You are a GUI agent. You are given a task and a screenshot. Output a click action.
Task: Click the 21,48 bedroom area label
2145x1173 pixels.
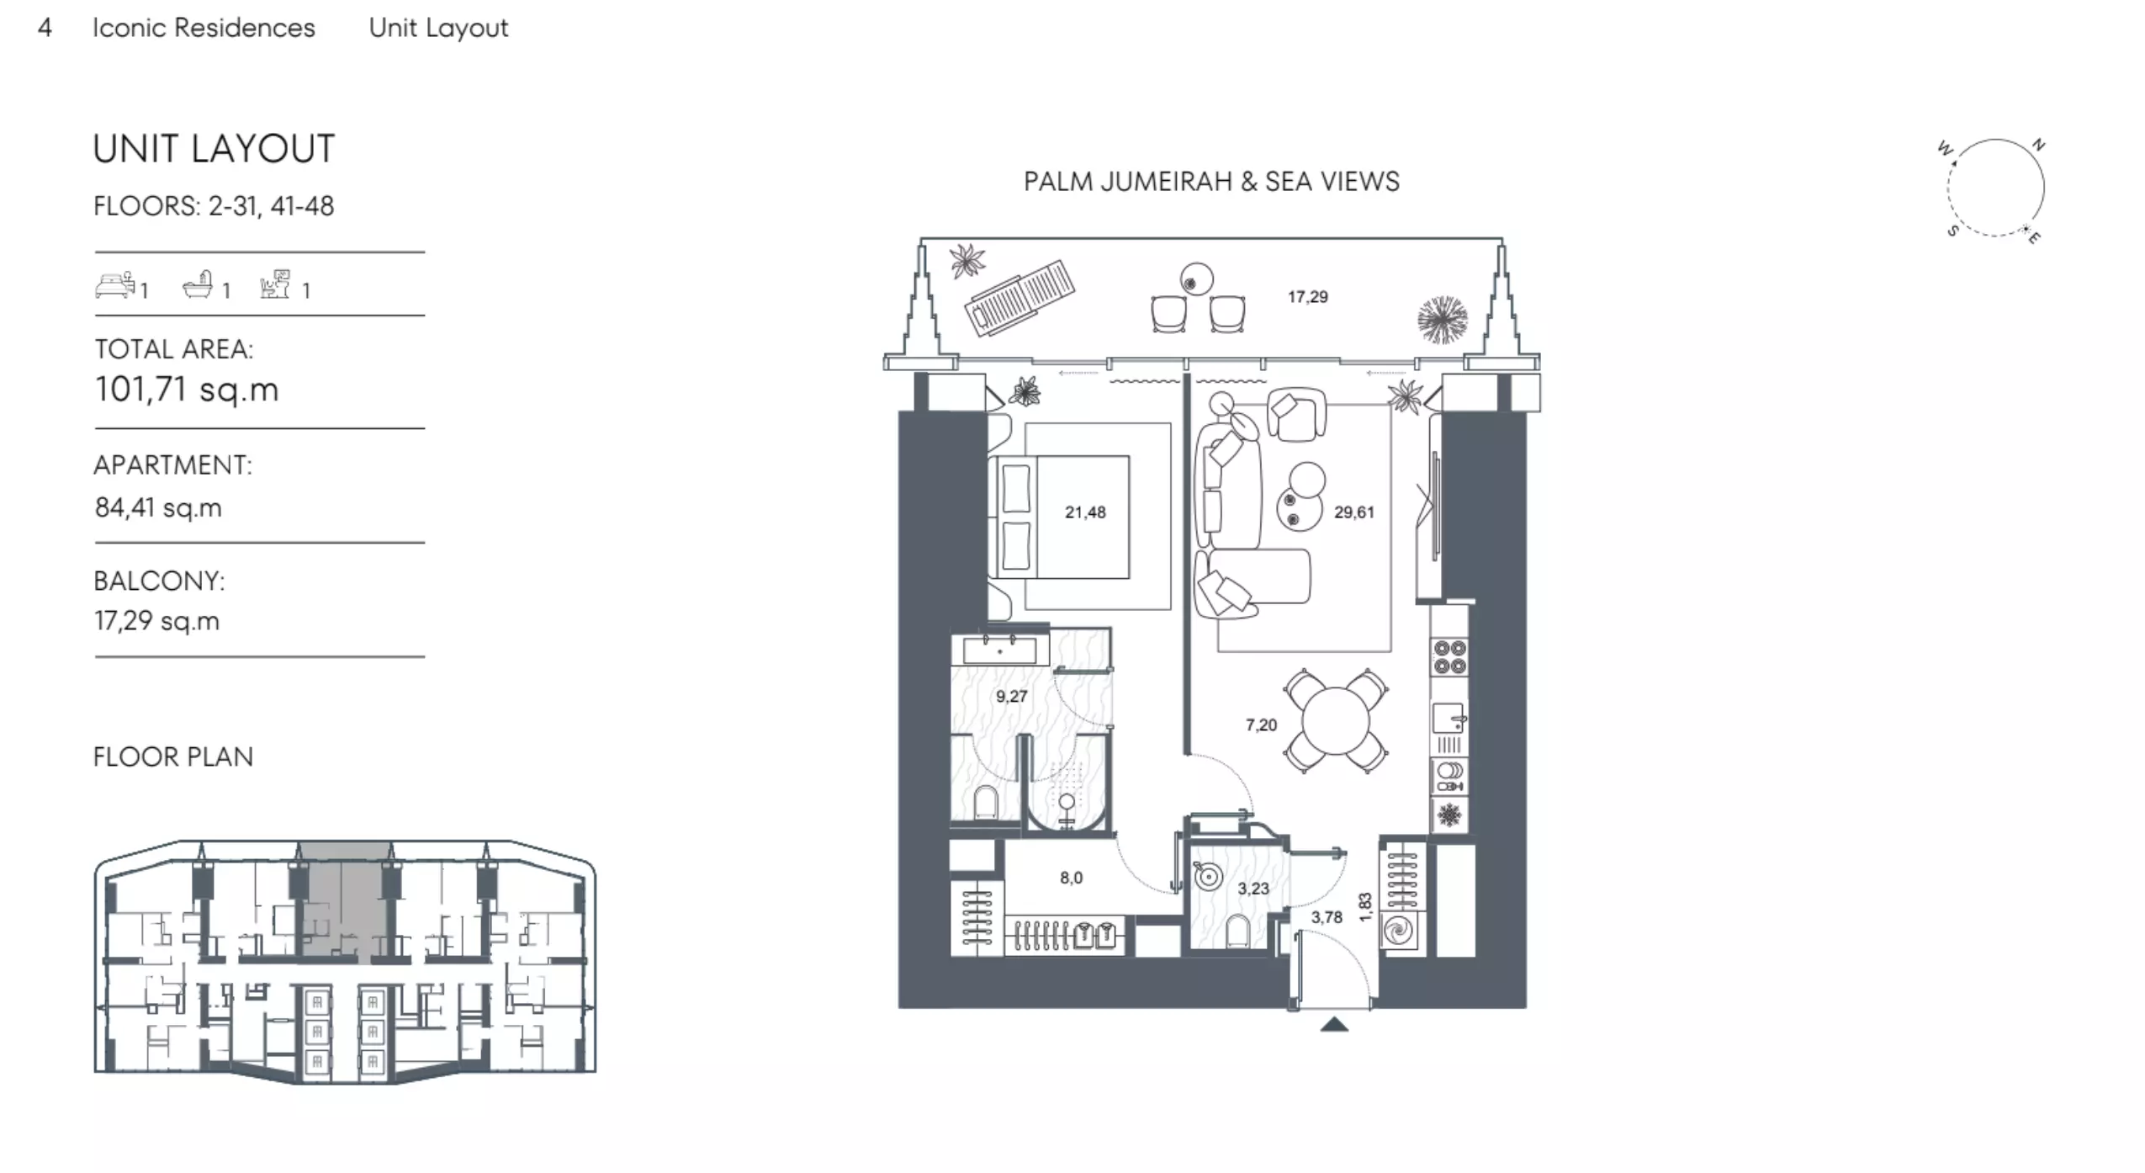[1085, 512]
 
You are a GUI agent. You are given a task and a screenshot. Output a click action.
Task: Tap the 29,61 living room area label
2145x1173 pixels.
[1354, 512]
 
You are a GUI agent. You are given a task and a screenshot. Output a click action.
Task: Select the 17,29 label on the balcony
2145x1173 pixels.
[1308, 296]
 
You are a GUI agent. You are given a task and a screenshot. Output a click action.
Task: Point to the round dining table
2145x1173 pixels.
[1335, 721]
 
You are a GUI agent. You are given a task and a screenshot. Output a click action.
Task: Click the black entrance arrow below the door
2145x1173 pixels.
[1334, 1024]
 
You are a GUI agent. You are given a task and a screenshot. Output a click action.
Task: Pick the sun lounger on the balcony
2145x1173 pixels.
[1021, 296]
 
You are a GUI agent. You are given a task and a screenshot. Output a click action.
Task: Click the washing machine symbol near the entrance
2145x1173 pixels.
[1401, 931]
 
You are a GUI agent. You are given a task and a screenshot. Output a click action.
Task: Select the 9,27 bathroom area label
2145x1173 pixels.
[1011, 697]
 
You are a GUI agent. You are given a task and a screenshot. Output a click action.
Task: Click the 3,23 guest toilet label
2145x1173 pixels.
[1253, 888]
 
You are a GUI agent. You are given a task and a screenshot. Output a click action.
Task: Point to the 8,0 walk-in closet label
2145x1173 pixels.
[1071, 878]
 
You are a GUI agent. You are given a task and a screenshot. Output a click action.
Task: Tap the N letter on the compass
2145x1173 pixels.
[2039, 145]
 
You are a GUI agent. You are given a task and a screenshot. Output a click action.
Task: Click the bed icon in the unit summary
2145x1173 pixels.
[115, 284]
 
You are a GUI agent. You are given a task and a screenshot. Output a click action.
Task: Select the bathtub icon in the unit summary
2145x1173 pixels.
[199, 284]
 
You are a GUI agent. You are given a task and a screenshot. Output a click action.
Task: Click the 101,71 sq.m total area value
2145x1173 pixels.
[187, 390]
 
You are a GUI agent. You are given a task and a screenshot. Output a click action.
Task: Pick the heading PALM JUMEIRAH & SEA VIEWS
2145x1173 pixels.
[1211, 182]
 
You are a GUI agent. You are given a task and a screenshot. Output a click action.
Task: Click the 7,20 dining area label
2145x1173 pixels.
[1261, 724]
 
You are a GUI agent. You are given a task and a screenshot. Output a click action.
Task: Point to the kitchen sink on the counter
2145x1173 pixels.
[1449, 719]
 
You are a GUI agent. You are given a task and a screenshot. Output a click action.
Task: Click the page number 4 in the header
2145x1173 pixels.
[45, 28]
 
